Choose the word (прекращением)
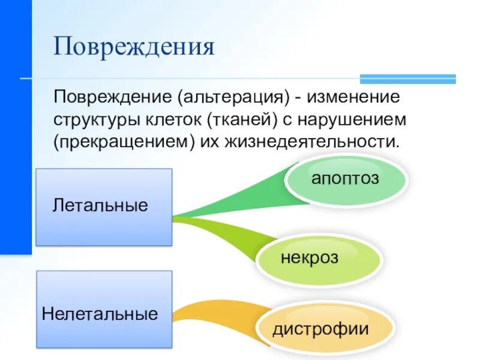(x=120, y=143)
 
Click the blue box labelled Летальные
(x=104, y=207)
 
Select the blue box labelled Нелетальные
(x=104, y=310)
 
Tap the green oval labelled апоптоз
(x=345, y=179)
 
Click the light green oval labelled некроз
(x=319, y=259)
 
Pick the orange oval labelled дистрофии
(x=324, y=329)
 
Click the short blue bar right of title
(x=407, y=79)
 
